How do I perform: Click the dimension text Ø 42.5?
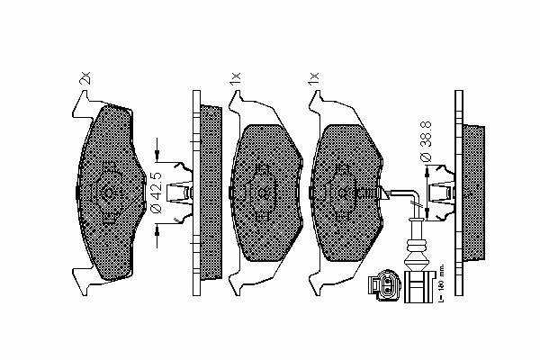[x=157, y=192]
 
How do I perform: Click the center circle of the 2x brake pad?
[x=107, y=192]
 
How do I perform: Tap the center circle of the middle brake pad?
[x=262, y=193]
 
